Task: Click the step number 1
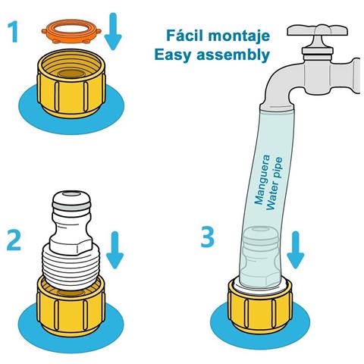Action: click(13, 32)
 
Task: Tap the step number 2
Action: click(14, 240)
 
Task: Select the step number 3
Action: click(207, 237)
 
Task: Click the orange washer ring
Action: click(71, 31)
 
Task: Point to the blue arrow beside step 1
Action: click(113, 31)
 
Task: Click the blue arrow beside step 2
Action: click(115, 249)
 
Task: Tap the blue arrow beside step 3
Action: click(295, 249)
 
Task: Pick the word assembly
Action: click(233, 55)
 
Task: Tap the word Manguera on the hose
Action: click(262, 180)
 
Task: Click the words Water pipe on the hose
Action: click(275, 184)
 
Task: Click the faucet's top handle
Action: click(318, 30)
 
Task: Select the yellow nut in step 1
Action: click(71, 83)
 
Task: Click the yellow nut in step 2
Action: click(71, 307)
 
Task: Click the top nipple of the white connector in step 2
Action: click(71, 200)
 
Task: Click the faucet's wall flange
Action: click(356, 76)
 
